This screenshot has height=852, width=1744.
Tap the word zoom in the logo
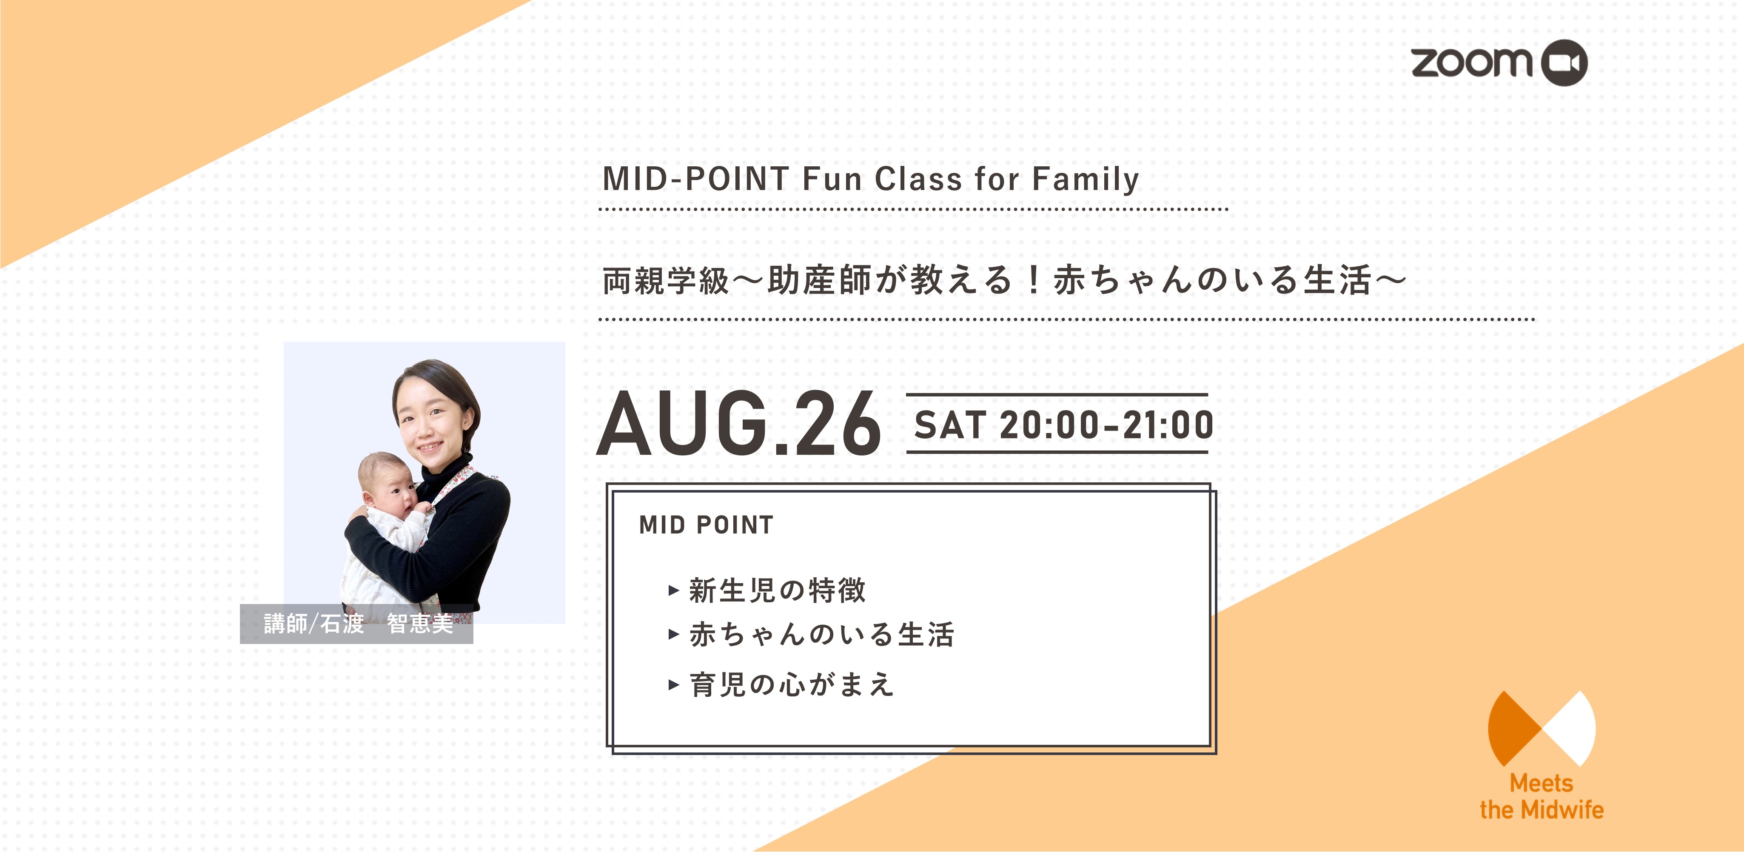point(1471,62)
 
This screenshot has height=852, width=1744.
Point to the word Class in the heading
point(918,179)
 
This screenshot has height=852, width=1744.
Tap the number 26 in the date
point(837,424)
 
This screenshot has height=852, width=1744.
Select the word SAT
point(950,425)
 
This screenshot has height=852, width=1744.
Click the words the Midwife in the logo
point(1542,809)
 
